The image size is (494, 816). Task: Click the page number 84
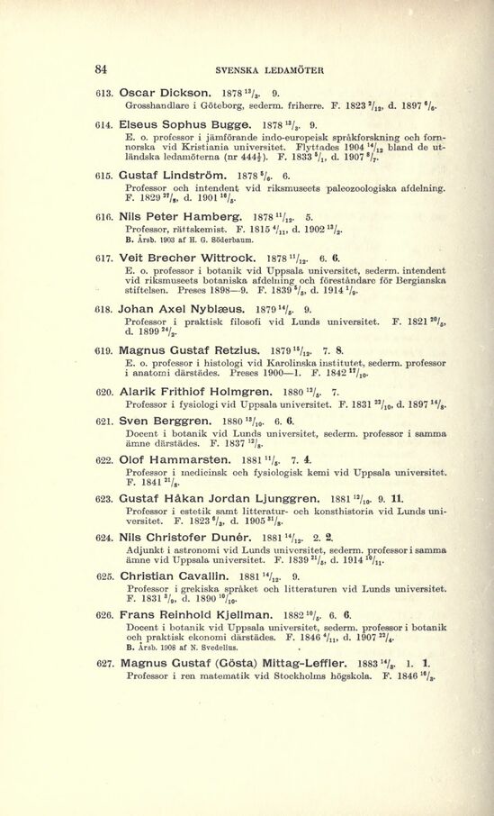pos(102,68)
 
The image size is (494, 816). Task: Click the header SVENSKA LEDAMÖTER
pos(247,69)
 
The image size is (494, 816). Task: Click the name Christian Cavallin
pos(171,599)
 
